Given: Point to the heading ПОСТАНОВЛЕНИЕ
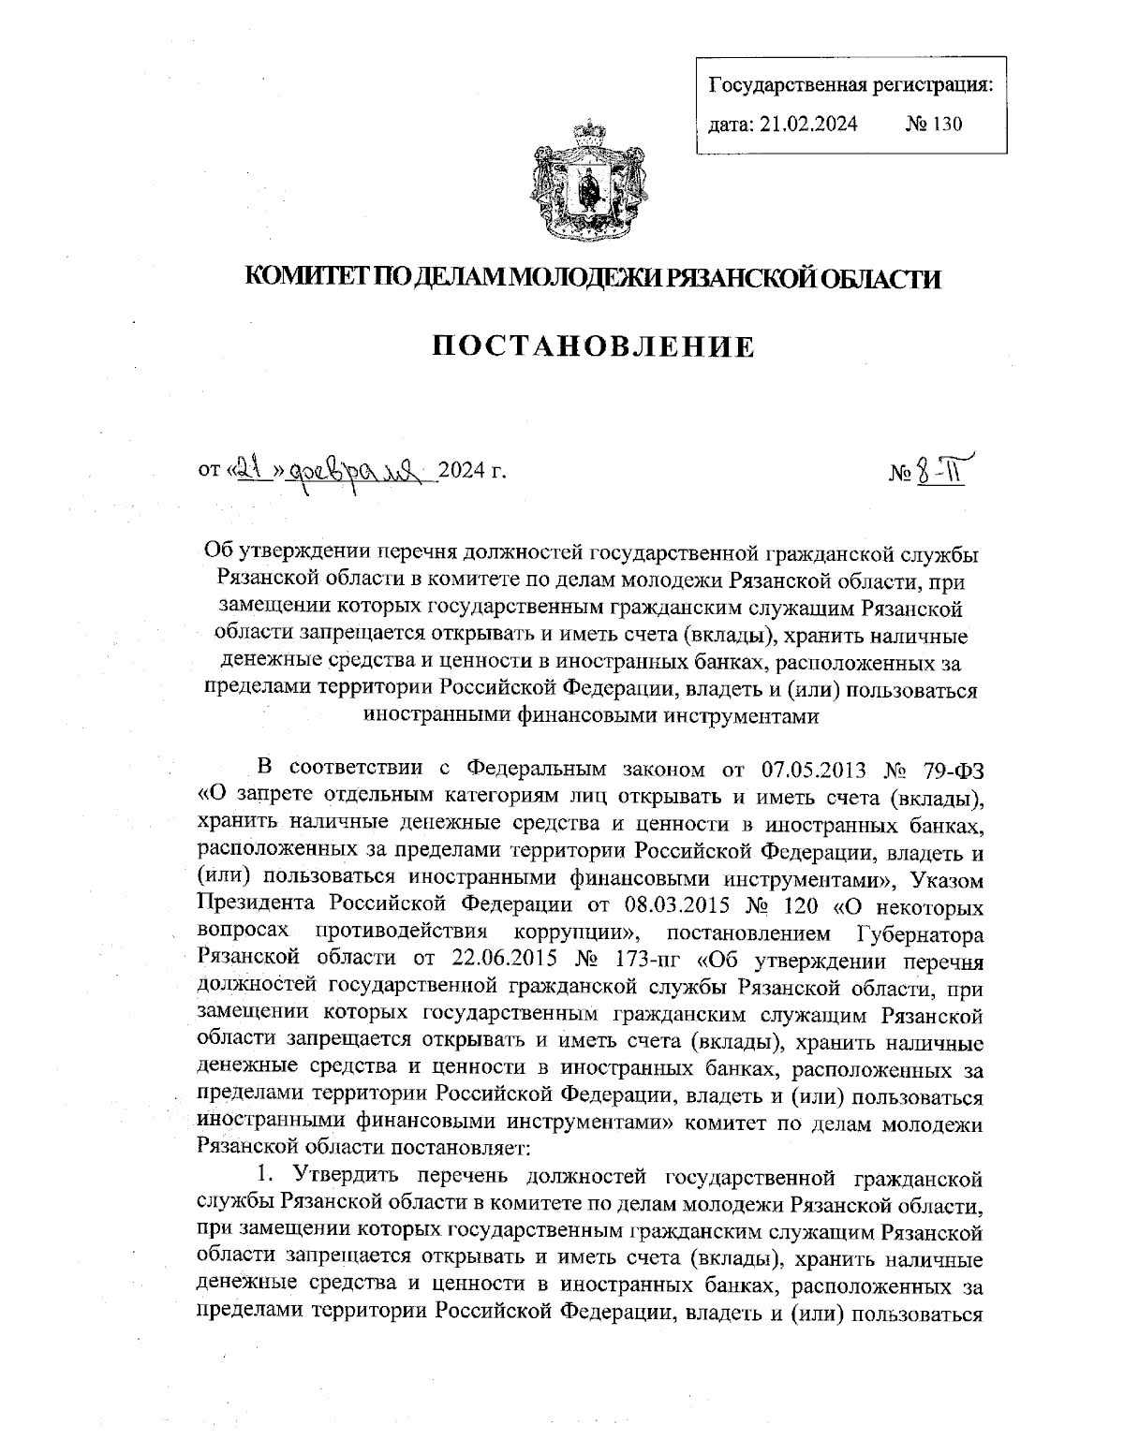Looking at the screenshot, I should [x=593, y=346].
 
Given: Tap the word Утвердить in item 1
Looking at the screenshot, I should [x=350, y=1174].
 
